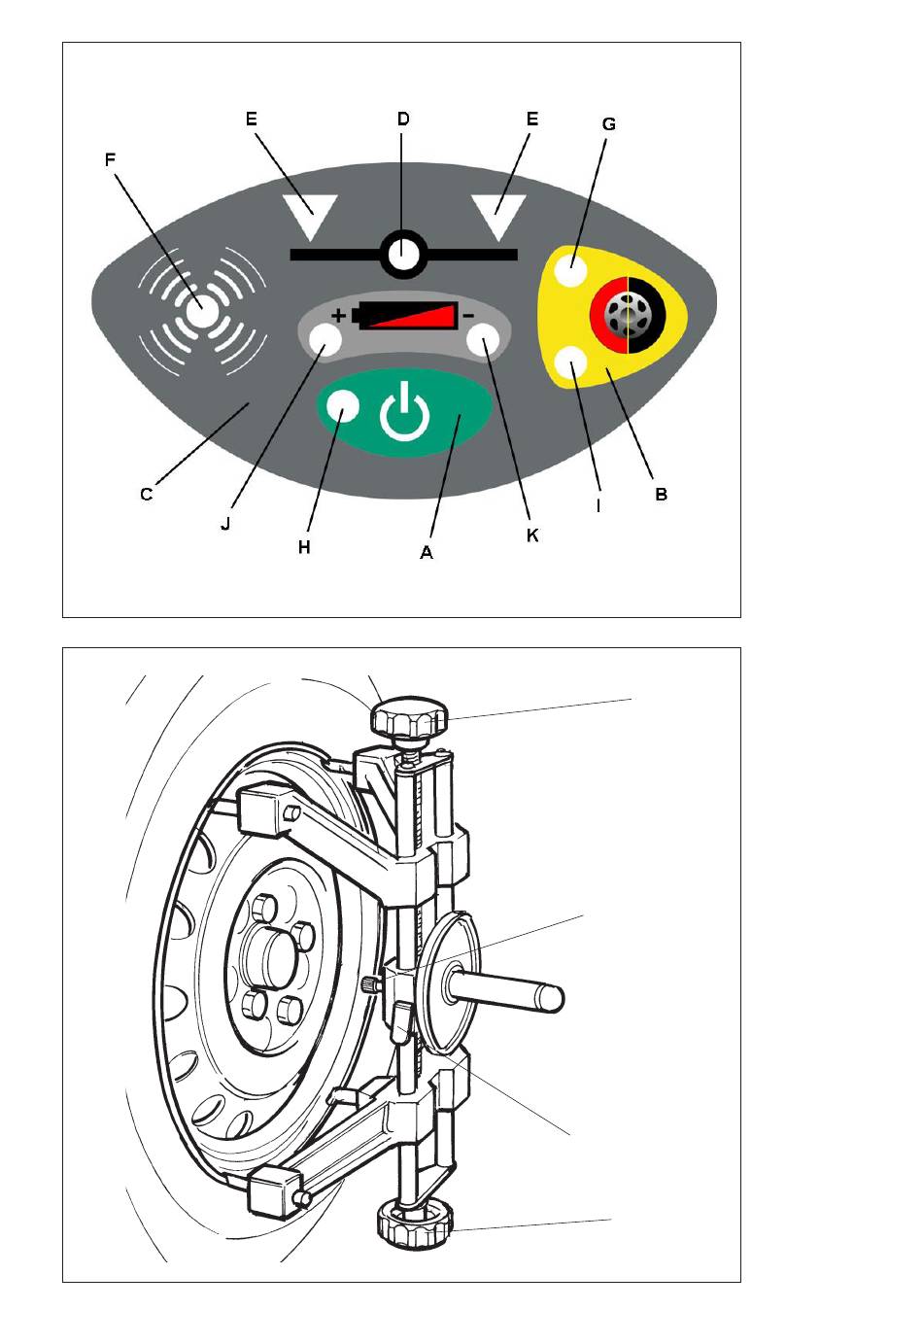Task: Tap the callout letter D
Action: [x=403, y=119]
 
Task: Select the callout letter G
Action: [x=608, y=124]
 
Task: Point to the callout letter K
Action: [x=532, y=535]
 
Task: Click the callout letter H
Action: [x=304, y=547]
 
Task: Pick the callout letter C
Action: [x=147, y=495]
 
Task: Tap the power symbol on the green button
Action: [x=405, y=412]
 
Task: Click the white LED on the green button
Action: [x=342, y=405]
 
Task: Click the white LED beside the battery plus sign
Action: [x=325, y=340]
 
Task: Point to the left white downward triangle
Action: [x=311, y=217]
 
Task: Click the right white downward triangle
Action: [x=498, y=217]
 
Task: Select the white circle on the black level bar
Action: [x=403, y=254]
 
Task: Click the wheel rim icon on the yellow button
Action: [x=628, y=315]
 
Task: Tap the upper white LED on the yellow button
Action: [x=570, y=270]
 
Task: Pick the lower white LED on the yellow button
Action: [x=570, y=363]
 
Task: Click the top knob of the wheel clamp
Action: [x=410, y=717]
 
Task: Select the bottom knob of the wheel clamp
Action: [x=415, y=1223]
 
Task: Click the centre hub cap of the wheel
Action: [x=273, y=958]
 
